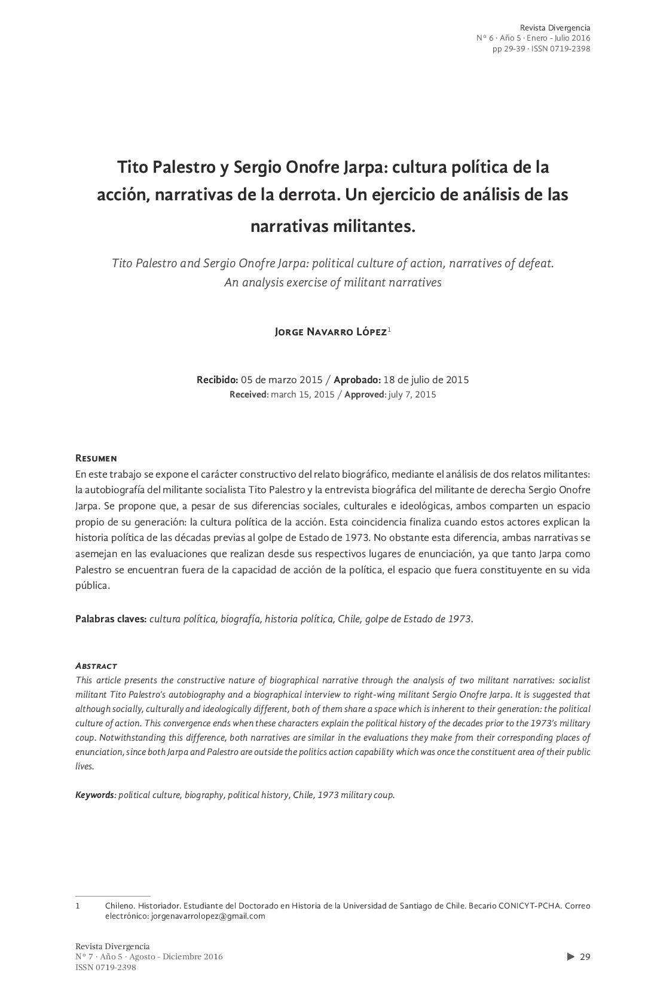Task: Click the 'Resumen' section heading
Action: coord(96,458)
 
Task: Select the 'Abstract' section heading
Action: coord(96,665)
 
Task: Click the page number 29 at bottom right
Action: coord(585,957)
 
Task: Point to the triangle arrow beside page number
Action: coord(570,957)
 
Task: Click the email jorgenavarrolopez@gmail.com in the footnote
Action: coord(208,916)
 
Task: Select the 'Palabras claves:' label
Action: coord(111,619)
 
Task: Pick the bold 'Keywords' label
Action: coord(94,795)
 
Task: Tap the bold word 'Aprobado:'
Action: coord(357,380)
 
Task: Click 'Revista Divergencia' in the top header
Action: coord(555,27)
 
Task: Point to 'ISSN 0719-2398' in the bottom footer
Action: coord(106,968)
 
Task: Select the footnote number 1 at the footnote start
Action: coord(78,906)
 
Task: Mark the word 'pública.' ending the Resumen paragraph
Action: coord(93,586)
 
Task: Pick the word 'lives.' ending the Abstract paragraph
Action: coord(85,766)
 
